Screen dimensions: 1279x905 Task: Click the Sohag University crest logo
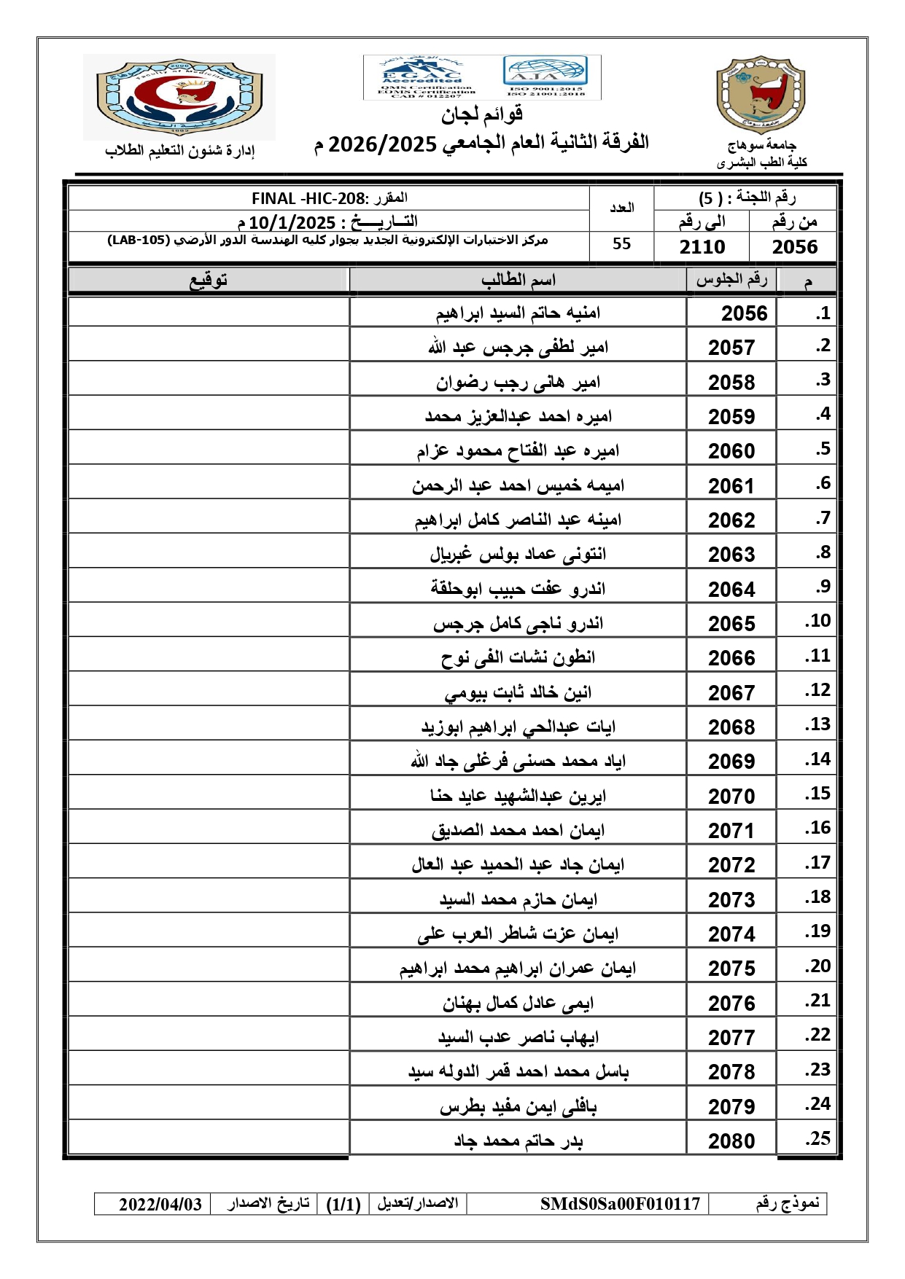761,95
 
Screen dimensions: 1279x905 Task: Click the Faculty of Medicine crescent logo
179,97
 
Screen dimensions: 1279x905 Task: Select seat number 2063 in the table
731,555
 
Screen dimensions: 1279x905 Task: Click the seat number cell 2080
731,1141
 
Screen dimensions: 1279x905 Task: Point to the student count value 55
621,243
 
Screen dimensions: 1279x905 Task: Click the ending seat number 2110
702,247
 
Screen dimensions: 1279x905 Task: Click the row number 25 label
817,1138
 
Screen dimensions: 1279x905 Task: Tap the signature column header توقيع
209,280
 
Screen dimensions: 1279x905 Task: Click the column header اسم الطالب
518,280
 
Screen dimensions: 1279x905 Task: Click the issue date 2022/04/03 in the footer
160,1204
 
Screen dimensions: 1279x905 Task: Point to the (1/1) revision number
343,1204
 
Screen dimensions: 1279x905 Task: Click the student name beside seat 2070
518,796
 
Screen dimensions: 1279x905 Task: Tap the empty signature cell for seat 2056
209,313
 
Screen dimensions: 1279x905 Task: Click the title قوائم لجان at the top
481,114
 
